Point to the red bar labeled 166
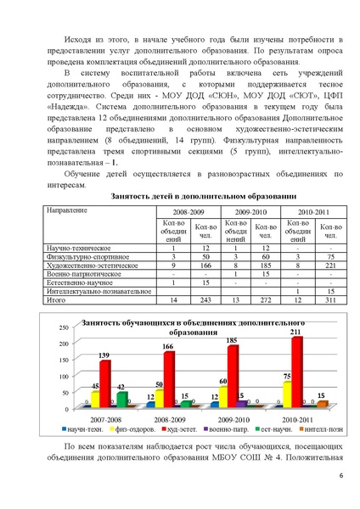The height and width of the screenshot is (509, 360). (x=169, y=378)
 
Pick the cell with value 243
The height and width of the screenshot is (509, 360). (x=205, y=299)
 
